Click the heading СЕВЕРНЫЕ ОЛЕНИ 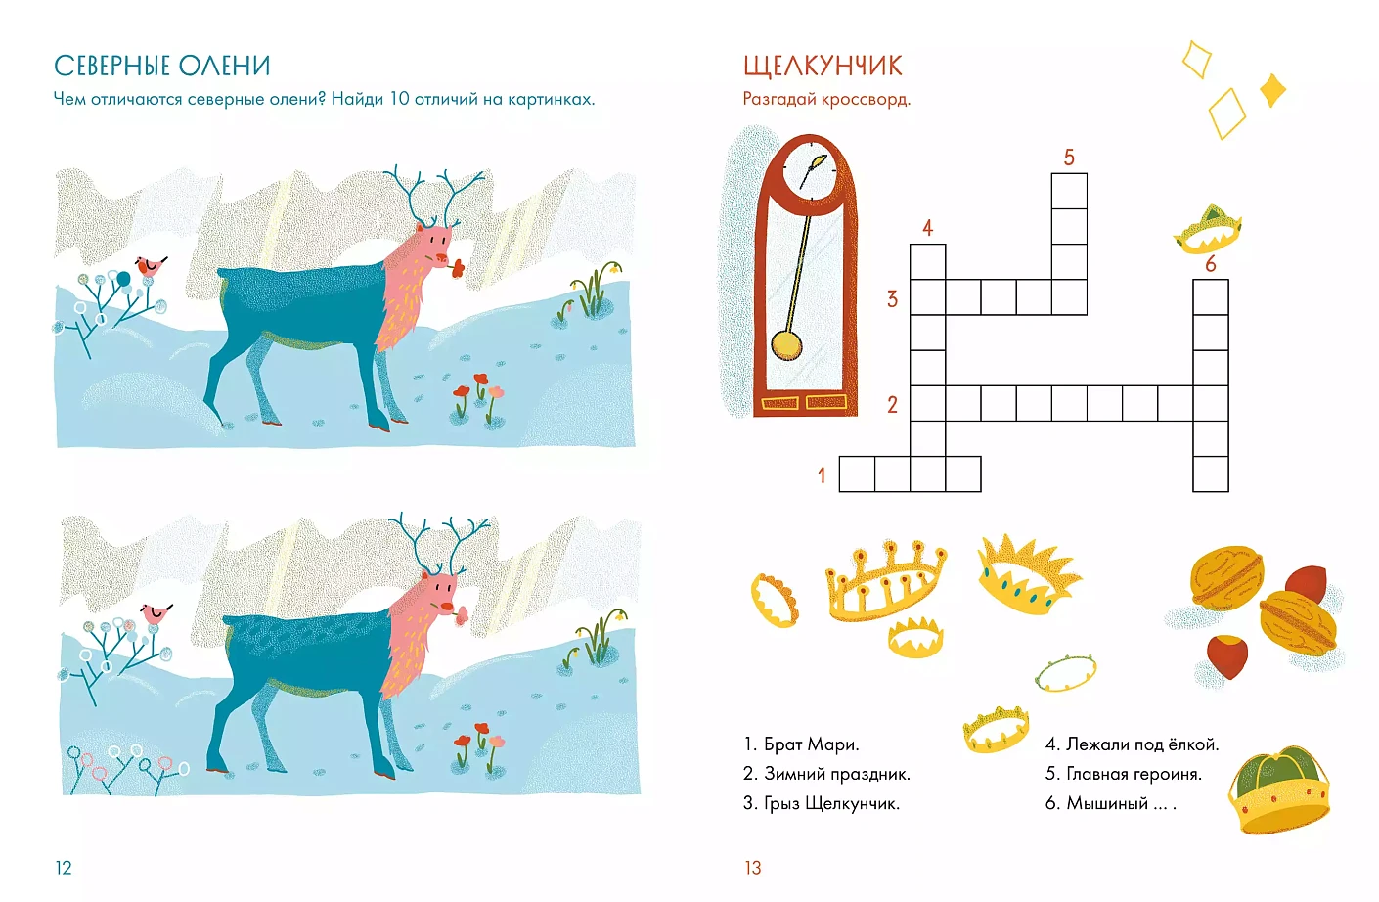point(162,66)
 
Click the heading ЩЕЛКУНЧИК point(823,67)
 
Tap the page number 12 point(64,868)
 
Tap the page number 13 point(753,868)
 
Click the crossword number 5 point(1069,158)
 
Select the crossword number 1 point(822,475)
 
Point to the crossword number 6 point(1211,264)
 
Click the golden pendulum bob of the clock point(786,344)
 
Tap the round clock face point(811,170)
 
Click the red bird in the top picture point(151,266)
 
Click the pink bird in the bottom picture point(156,613)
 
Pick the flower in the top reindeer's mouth point(457,268)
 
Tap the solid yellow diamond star point(1272,90)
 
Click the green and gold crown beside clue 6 point(1278,790)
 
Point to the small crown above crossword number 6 point(1208,230)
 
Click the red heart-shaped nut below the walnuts point(1227,656)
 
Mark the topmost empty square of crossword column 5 point(1069,191)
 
